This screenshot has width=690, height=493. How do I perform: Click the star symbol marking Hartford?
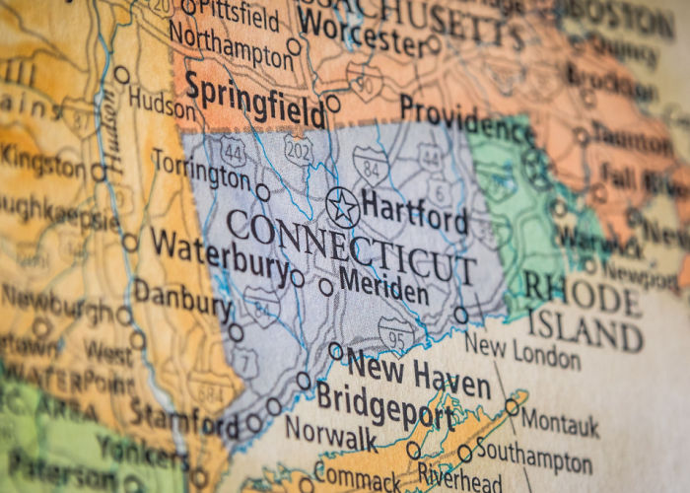[x=342, y=207]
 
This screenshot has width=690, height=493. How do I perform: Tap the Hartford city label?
[x=414, y=210]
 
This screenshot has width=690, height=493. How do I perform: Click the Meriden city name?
[x=383, y=288]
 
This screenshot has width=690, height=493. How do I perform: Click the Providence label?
[x=468, y=118]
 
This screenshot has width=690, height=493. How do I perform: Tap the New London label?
[x=521, y=350]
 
